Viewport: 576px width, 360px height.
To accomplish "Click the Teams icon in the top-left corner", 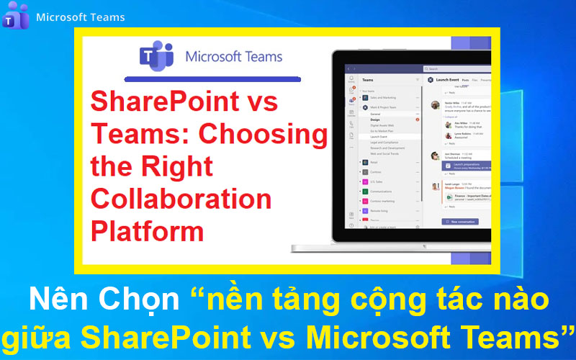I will click(x=15, y=15).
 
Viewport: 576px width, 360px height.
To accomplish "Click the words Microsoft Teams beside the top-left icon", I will click(x=80, y=17).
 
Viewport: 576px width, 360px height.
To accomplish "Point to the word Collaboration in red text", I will click(x=181, y=199).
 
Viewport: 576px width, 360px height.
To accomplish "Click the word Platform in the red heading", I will click(x=147, y=231).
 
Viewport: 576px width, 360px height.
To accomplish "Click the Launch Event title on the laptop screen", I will click(x=446, y=80).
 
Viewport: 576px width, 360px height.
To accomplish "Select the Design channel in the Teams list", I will click(x=375, y=120).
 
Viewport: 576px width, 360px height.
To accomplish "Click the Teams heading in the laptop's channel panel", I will click(x=368, y=80).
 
